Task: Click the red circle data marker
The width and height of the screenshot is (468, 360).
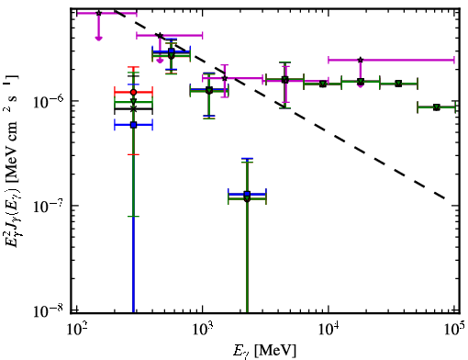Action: pos(133,92)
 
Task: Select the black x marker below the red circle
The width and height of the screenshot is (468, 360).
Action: pos(133,109)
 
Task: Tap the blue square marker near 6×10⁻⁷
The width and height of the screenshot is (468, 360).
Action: pos(133,125)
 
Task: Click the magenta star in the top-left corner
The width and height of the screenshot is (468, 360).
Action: pos(98,13)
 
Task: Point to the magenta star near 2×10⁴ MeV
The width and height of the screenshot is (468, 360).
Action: pos(361,60)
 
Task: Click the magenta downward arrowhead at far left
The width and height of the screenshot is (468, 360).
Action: pos(98,38)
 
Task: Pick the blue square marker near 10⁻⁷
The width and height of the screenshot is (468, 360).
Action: pos(247,194)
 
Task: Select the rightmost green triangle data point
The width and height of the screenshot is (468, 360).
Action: pos(437,107)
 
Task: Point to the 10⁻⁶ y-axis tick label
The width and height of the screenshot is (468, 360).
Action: pos(47,101)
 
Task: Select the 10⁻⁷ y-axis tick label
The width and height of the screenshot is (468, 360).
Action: pos(47,206)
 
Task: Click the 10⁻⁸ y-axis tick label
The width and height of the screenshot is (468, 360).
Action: pos(47,310)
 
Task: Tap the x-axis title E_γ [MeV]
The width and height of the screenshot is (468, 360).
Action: pos(264,351)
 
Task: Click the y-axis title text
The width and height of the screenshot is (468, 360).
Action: pos(13,161)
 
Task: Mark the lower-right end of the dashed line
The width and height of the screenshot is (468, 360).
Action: pos(444,198)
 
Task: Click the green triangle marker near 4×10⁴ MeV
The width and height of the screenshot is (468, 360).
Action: pos(398,84)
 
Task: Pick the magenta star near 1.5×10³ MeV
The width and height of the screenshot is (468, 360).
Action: pos(225,78)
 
